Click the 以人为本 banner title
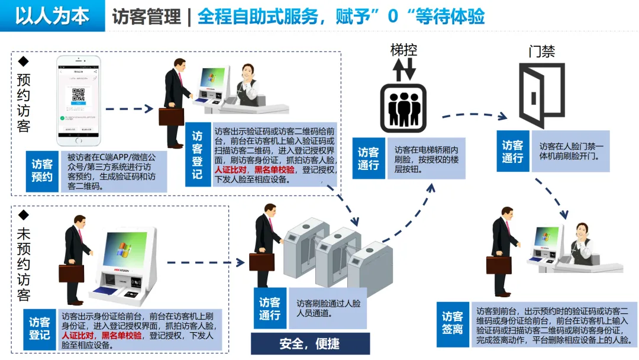[x=52, y=16]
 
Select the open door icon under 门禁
[x=541, y=95]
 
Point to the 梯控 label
[x=403, y=50]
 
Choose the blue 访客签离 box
[x=453, y=324]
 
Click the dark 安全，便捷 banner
[x=310, y=343]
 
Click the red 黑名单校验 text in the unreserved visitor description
[x=122, y=336]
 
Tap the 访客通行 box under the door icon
[x=512, y=152]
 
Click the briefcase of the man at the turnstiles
[x=265, y=261]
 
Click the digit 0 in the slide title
[x=393, y=17]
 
